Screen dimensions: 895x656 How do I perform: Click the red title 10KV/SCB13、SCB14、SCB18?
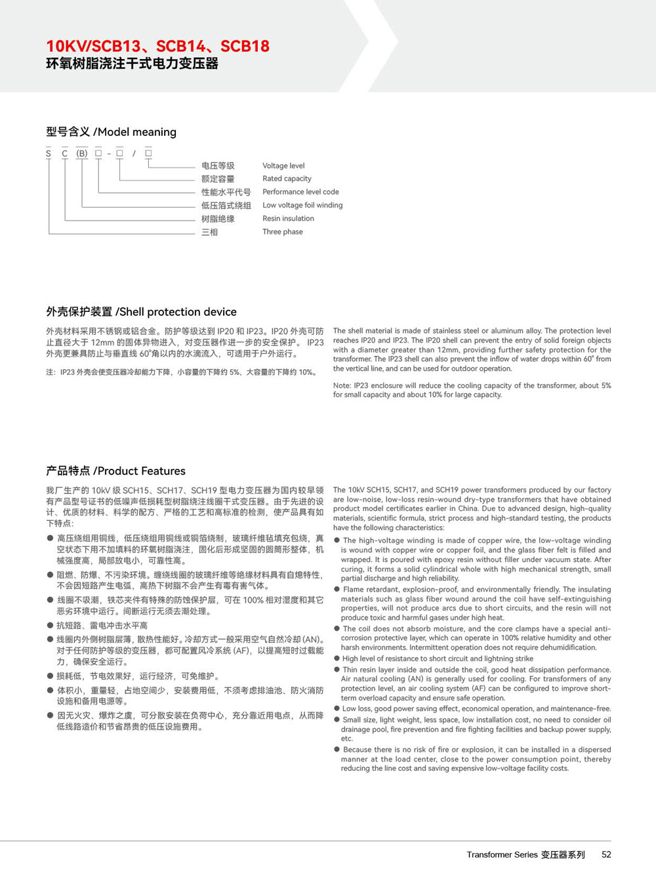(157, 46)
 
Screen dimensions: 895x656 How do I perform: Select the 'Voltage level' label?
(283, 165)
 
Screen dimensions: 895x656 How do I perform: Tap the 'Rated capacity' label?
(287, 179)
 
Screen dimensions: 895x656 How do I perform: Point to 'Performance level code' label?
(300, 192)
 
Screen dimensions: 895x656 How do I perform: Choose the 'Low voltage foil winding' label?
(302, 205)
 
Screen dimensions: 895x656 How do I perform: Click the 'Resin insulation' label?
(288, 218)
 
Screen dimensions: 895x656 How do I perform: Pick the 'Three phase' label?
(283, 232)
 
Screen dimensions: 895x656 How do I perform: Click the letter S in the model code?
(49, 154)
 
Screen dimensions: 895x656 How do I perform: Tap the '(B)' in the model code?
(82, 154)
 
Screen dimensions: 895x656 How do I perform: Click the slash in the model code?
(134, 154)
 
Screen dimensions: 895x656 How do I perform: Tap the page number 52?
(606, 854)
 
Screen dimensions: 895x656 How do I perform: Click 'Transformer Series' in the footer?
(502, 854)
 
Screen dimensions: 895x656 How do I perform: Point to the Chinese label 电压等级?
(218, 165)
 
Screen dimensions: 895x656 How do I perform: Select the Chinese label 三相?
(209, 232)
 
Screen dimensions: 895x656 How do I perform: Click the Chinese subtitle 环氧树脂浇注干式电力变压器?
(132, 64)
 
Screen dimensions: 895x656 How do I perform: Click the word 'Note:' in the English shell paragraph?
(342, 385)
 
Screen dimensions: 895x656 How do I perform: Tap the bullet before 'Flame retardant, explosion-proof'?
(337, 590)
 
